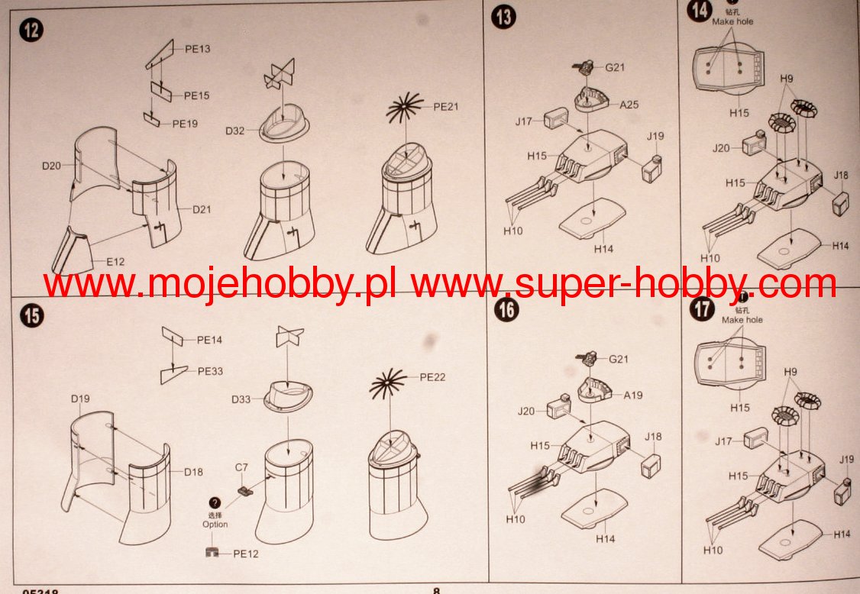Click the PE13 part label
(x=198, y=49)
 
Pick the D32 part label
(x=234, y=131)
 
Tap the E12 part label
(x=115, y=262)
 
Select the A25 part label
(x=629, y=105)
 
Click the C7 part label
(x=242, y=466)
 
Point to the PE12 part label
(x=246, y=554)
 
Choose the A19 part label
(x=633, y=395)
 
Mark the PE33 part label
(x=210, y=371)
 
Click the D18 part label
(x=193, y=472)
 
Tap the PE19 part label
(x=185, y=123)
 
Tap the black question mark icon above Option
(x=215, y=503)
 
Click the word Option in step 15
(x=215, y=525)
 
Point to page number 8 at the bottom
(x=437, y=590)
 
